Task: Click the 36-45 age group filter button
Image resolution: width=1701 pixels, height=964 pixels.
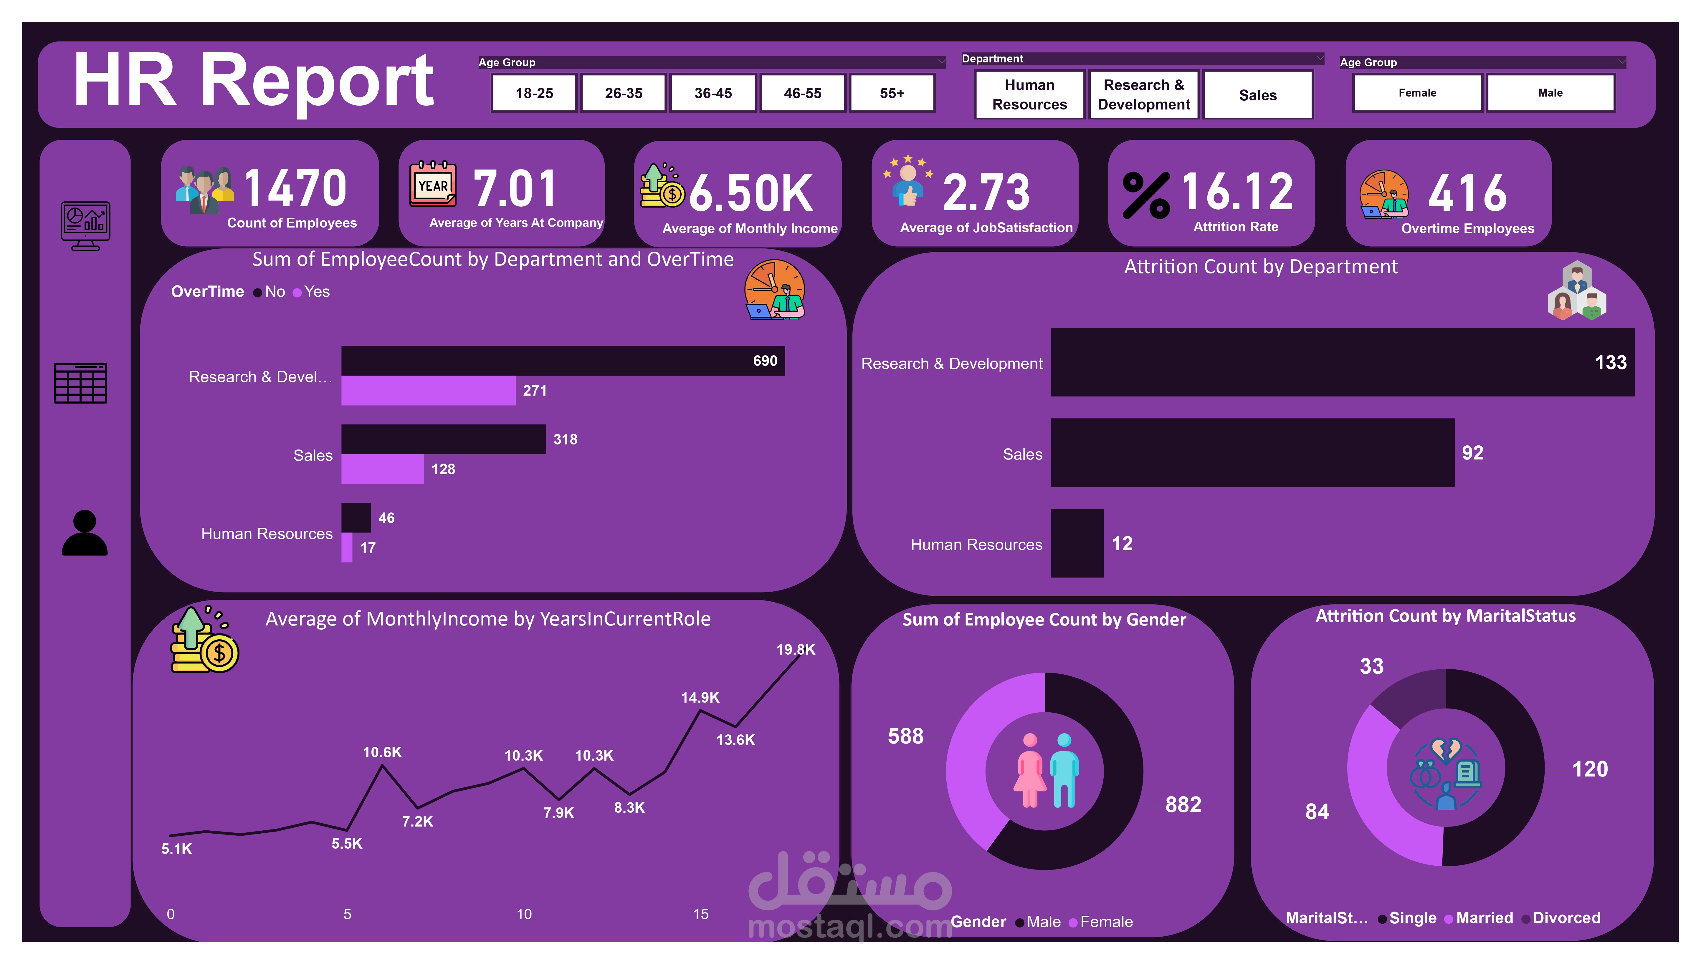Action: [713, 93]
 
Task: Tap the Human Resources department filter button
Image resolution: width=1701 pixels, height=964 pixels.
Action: [1029, 95]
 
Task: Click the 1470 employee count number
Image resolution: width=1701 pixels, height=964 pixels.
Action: [295, 189]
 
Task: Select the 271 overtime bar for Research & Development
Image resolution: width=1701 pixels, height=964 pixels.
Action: [428, 391]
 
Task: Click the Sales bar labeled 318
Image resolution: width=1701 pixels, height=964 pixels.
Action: [443, 439]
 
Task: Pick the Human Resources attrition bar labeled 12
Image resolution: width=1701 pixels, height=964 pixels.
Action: [1077, 543]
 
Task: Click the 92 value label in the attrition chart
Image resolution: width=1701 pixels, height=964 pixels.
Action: [1472, 453]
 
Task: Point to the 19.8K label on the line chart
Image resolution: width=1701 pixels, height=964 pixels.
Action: [796, 650]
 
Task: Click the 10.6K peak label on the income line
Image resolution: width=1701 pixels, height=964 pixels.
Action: [382, 752]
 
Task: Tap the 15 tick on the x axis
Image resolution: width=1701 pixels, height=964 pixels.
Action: [701, 914]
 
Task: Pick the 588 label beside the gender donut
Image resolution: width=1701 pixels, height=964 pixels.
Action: [905, 736]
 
